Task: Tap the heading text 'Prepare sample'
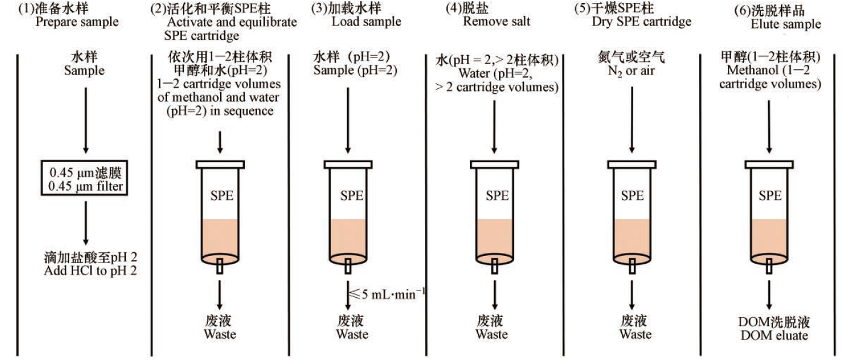coord(77,23)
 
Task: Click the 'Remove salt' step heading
coord(497,22)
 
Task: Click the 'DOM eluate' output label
coord(769,335)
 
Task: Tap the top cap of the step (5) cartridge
coord(633,163)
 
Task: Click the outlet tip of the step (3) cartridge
coord(348,265)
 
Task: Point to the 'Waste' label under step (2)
coord(220,334)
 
